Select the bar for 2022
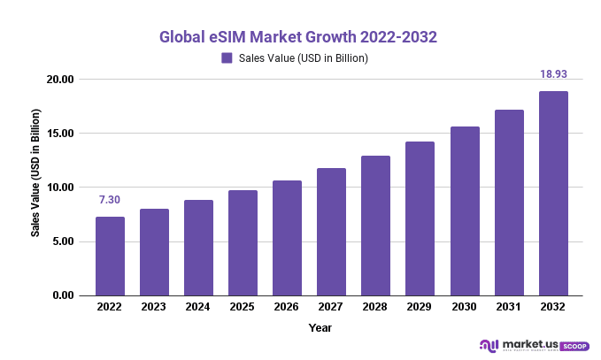(x=110, y=256)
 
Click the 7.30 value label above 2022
(x=110, y=201)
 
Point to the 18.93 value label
(x=554, y=74)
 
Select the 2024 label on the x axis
(x=198, y=307)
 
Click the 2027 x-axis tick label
(x=331, y=307)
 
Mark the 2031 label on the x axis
(x=509, y=307)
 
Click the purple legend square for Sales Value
(x=227, y=58)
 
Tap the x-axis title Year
(x=320, y=327)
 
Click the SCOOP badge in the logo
(x=575, y=346)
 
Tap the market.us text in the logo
(x=532, y=343)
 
